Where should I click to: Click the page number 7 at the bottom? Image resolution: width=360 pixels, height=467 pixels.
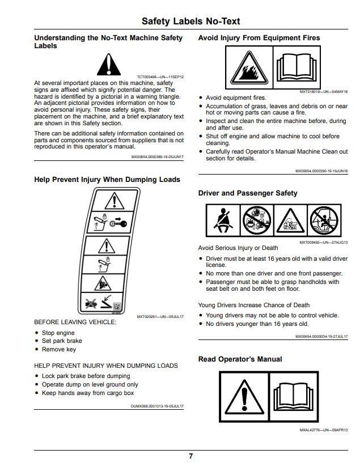click(x=190, y=456)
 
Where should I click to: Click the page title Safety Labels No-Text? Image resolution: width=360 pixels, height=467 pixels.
click(x=190, y=21)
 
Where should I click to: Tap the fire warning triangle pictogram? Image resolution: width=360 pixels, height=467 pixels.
click(x=249, y=67)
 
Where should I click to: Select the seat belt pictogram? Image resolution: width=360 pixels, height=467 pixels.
click(x=223, y=220)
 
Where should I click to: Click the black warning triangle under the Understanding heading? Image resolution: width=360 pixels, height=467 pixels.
click(x=109, y=65)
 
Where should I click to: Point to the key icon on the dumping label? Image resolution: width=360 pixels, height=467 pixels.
click(x=118, y=222)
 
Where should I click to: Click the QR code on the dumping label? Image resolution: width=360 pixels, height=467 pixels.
click(x=117, y=307)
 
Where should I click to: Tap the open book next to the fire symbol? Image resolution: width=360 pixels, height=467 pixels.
click(x=297, y=68)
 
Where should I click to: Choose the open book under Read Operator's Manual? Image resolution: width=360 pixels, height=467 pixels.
click(x=294, y=397)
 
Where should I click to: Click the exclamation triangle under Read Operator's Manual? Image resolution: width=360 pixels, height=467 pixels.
click(x=244, y=397)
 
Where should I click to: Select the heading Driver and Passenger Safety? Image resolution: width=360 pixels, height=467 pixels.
click(x=248, y=193)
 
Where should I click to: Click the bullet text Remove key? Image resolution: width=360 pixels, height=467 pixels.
click(x=59, y=349)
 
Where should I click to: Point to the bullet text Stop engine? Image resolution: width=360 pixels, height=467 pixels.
click(x=58, y=333)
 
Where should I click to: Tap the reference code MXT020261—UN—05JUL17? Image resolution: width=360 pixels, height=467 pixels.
click(x=160, y=317)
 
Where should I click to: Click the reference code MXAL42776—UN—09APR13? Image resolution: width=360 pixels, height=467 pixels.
click(x=324, y=430)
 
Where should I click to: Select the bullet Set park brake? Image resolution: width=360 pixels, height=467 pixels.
click(x=62, y=341)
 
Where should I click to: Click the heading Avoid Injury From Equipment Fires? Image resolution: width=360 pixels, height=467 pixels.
click(x=259, y=38)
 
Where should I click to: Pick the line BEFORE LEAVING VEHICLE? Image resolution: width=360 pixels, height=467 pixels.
click(x=75, y=322)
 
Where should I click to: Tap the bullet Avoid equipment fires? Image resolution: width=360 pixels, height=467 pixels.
click(x=236, y=97)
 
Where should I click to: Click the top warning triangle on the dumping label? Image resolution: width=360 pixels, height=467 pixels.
click(x=115, y=201)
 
